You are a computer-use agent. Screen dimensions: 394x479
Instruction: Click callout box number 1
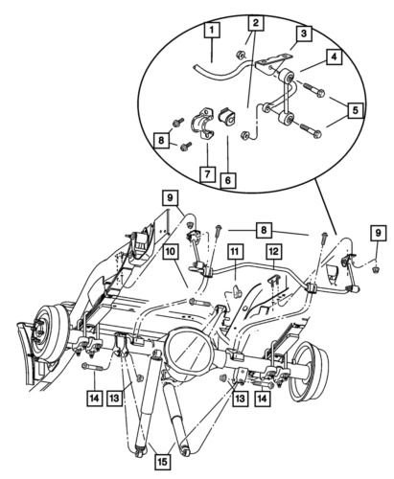tap(212, 31)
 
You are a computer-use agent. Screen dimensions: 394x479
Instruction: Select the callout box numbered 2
tap(256, 23)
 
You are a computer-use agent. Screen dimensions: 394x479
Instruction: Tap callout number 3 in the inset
tap(303, 34)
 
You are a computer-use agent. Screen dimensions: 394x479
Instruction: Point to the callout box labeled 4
tap(334, 57)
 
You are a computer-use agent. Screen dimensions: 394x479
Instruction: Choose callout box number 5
tap(356, 110)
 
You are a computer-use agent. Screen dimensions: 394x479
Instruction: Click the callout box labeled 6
tap(228, 180)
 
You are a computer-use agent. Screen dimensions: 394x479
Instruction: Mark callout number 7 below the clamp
tap(208, 174)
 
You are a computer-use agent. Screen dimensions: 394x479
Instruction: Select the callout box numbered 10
tap(171, 252)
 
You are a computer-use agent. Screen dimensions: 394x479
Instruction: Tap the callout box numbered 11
tap(235, 252)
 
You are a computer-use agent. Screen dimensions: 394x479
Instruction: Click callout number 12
tap(274, 252)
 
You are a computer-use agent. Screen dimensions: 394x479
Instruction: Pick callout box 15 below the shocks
tap(163, 462)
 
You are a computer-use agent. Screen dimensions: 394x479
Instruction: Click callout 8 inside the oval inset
tap(161, 140)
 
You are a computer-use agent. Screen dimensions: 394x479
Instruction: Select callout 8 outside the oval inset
tap(264, 230)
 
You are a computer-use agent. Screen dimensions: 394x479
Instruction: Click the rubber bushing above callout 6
tap(226, 116)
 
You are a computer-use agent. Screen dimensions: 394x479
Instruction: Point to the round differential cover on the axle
tap(189, 350)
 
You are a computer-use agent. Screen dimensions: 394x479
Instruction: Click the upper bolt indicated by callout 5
tap(313, 90)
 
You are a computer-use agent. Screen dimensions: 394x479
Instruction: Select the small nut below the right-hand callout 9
tap(377, 270)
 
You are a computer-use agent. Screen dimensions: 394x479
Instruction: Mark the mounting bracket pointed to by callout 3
tap(272, 64)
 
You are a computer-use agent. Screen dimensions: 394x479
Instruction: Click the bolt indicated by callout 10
tap(199, 302)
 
